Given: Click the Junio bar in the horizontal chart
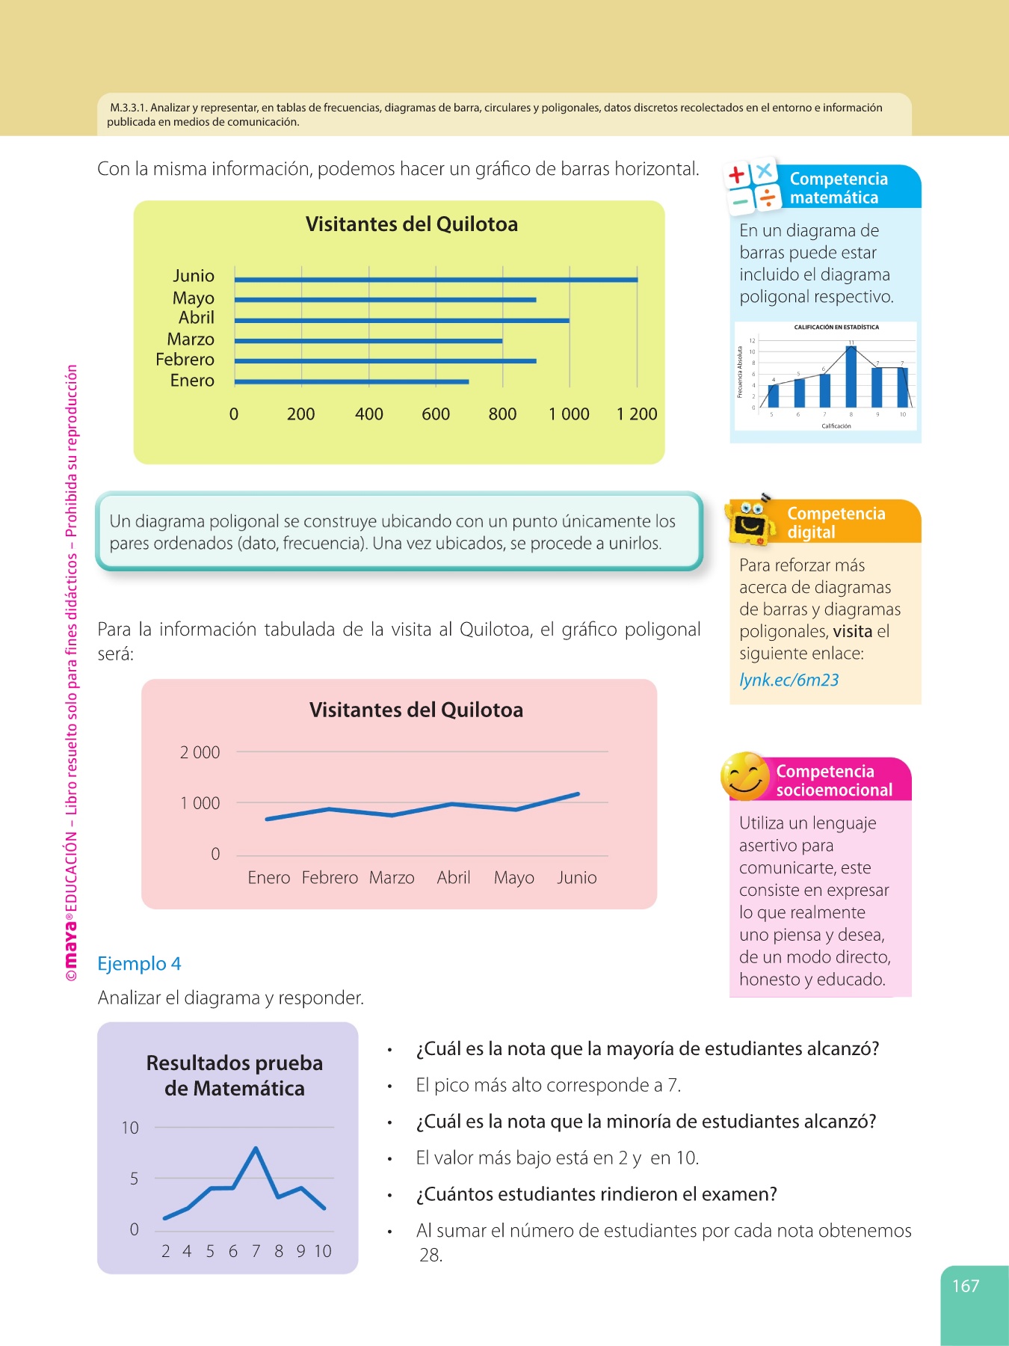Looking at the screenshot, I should click(436, 280).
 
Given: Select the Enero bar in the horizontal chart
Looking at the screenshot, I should click(351, 381).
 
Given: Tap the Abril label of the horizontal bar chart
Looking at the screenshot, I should click(196, 318).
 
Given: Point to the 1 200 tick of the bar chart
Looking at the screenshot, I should click(637, 414).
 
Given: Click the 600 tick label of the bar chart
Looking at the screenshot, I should click(436, 414).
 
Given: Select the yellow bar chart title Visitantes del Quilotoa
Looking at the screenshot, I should click(411, 224).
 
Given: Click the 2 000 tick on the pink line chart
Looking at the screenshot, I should click(200, 753).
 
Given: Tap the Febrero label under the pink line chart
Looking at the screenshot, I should click(330, 878).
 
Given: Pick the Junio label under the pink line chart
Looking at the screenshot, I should click(576, 878).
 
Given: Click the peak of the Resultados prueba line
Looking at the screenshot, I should click(256, 1149).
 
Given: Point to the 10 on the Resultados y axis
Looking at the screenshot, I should click(130, 1128).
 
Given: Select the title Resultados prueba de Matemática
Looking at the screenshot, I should click(235, 1075).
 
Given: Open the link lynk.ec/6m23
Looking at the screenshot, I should click(789, 680).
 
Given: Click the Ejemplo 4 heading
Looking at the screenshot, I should click(139, 964).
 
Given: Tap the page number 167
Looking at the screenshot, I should click(965, 1286).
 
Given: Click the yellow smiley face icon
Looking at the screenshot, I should click(744, 776).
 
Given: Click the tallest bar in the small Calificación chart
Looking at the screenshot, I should click(851, 376).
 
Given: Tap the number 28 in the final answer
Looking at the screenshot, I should click(431, 1256).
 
